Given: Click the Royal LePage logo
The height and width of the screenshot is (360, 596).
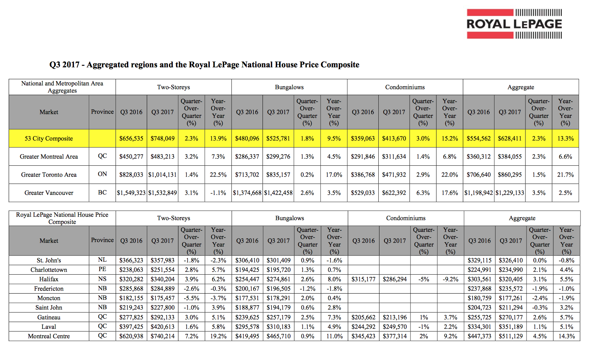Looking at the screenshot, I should click(514, 24).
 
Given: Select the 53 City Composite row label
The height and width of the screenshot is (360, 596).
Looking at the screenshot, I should click(49, 138).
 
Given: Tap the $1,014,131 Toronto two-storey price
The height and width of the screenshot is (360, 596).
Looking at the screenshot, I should click(162, 175).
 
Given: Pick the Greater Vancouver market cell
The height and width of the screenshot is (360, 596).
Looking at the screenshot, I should click(49, 193).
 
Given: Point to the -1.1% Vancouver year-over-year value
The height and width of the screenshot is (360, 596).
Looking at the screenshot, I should click(218, 193).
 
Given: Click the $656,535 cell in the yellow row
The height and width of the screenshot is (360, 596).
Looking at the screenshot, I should click(131, 138).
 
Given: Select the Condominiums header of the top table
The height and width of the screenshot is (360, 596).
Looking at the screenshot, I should click(405, 87).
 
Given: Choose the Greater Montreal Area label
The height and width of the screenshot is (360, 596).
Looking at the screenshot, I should click(49, 157).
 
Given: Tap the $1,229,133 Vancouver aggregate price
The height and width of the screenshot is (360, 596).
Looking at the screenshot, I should click(510, 193).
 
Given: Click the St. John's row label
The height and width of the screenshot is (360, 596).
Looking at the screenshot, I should click(49, 260).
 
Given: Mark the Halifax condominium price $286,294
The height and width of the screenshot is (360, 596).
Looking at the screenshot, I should click(395, 279).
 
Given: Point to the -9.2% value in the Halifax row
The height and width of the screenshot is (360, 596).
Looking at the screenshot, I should click(450, 279).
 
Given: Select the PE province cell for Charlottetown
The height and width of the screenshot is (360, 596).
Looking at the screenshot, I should click(102, 269).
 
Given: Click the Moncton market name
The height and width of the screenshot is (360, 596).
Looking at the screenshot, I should click(49, 298).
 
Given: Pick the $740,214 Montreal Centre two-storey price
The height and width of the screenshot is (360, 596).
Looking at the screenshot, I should click(163, 336).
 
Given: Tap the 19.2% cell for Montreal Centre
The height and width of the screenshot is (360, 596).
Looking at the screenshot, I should click(218, 336).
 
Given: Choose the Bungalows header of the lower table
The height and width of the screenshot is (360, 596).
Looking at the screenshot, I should click(290, 218).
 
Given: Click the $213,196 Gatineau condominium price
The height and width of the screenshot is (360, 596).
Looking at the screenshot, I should click(395, 317).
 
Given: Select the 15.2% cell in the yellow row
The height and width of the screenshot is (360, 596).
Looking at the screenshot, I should click(450, 138).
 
